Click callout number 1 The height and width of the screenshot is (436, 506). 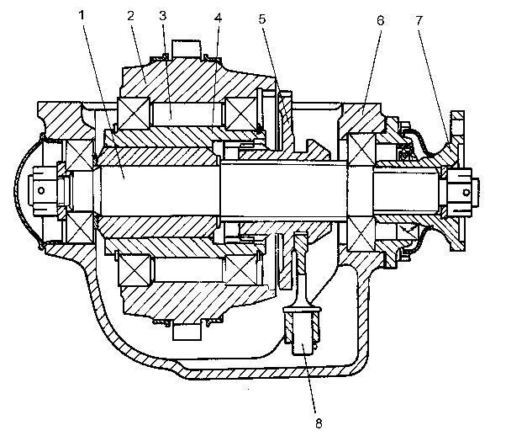pos(82,15)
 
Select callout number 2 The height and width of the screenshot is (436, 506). pos(130,15)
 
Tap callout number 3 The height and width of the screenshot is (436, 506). pos(163,15)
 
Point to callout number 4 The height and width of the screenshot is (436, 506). pos(219,19)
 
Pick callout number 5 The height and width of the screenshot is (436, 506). pos(262,19)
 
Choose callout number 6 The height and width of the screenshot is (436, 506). pos(381,21)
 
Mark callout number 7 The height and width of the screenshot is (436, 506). pos(419,21)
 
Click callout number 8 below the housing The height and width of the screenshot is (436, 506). pos(319,423)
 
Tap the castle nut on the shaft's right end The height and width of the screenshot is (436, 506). pos(460,192)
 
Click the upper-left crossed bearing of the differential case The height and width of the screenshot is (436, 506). pos(134,113)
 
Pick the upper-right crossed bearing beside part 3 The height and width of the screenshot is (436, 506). pos(240,113)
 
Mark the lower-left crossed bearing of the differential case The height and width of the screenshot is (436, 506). pos(134,270)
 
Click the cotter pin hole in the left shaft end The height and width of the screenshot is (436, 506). pos(41,190)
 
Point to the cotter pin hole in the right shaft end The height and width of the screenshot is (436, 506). pos(466,193)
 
